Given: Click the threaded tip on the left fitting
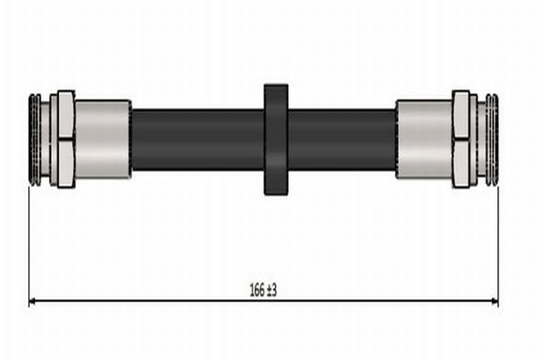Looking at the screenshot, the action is [35, 140].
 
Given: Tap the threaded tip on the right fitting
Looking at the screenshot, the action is [492, 140].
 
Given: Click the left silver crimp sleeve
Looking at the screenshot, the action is [103, 139].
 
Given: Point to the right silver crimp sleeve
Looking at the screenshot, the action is [424, 139].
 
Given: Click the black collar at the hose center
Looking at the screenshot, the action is [276, 139].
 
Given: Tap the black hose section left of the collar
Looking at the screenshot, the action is [198, 140].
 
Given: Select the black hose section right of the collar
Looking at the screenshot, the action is [342, 140].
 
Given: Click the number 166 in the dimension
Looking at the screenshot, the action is [257, 290].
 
